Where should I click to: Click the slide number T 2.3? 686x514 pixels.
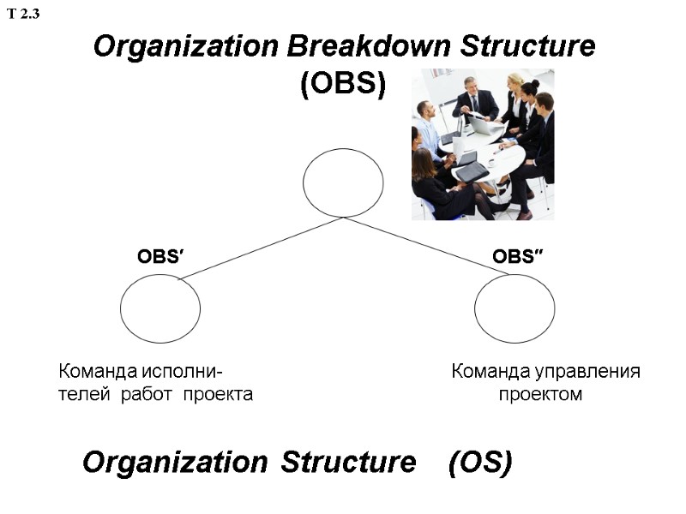click(24, 14)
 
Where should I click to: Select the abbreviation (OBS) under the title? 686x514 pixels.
click(343, 84)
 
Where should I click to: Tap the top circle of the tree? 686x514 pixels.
click(343, 182)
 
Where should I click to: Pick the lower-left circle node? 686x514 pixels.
click(160, 308)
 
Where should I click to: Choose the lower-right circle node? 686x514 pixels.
click(514, 308)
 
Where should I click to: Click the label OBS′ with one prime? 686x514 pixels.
click(162, 256)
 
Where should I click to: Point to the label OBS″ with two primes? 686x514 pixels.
click(519, 256)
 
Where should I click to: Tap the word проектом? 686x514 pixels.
click(540, 395)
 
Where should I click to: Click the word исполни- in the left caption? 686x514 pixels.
click(183, 372)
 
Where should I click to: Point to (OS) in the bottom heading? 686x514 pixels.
click(480, 463)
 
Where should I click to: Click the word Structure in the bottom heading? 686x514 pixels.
click(348, 463)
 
